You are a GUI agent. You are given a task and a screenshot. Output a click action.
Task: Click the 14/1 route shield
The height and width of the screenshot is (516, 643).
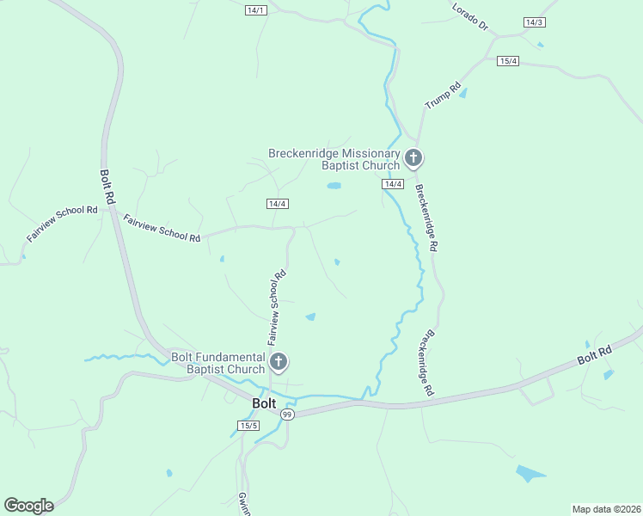256,10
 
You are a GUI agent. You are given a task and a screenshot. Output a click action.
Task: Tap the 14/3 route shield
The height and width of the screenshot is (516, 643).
534,21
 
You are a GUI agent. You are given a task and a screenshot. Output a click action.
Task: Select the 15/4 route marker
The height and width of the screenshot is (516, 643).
508,60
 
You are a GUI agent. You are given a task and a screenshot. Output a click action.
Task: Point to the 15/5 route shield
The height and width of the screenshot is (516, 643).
249,426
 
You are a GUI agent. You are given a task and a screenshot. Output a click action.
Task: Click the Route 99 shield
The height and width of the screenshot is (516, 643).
287,414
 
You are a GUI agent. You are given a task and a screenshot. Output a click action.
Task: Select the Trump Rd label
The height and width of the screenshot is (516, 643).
443,95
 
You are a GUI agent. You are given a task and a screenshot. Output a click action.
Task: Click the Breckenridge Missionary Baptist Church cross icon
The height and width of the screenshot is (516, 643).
413,158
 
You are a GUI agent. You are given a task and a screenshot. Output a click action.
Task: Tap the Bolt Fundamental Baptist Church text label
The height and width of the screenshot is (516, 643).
217,363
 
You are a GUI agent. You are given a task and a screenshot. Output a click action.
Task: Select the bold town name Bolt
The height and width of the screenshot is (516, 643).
264,402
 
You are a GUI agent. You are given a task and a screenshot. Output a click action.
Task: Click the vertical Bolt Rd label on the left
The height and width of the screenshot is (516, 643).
108,185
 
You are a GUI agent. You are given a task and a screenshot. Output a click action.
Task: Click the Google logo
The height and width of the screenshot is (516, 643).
28,506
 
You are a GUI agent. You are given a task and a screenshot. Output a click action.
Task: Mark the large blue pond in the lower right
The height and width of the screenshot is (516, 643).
530,473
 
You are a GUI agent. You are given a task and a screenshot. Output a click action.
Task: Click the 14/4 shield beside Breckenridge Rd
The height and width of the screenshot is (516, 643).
393,184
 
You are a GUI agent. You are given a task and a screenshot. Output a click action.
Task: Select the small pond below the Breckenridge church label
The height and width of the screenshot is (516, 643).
334,185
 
